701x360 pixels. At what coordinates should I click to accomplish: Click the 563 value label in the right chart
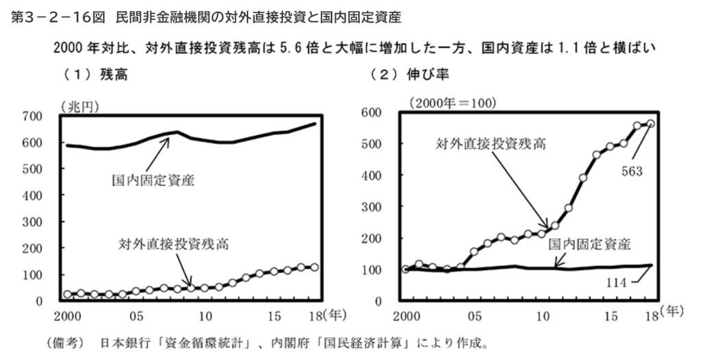(631, 171)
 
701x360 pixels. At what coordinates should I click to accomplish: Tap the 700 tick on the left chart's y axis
(32, 116)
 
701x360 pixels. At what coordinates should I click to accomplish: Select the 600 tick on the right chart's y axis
(381, 112)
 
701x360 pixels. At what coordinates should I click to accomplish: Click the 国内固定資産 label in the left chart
(153, 182)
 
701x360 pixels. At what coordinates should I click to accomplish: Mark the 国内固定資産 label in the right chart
(589, 244)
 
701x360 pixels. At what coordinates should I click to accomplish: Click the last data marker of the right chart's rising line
(650, 123)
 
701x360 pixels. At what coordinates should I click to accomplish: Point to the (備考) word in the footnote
(62, 343)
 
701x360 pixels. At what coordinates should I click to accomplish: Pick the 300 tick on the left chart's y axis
(32, 221)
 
